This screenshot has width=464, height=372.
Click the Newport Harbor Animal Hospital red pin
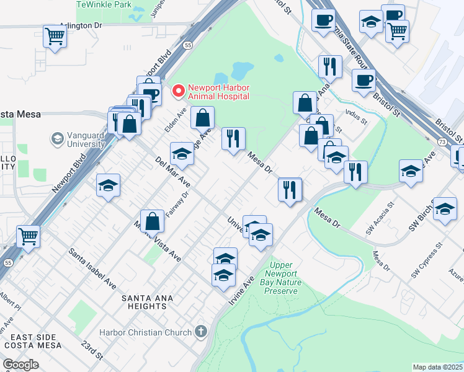[179, 92]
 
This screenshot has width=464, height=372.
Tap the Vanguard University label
[78, 139]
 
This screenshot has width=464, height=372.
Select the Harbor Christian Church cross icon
[200, 332]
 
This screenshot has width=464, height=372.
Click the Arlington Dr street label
[81, 26]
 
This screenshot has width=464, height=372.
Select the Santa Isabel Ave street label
[92, 269]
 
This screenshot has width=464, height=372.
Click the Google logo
[20, 365]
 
